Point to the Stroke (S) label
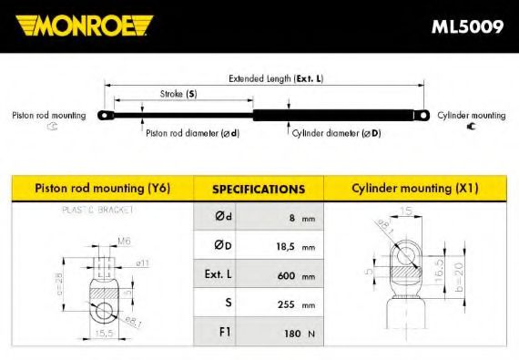click(178, 94)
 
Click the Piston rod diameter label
click(192, 133)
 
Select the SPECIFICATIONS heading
click(258, 190)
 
